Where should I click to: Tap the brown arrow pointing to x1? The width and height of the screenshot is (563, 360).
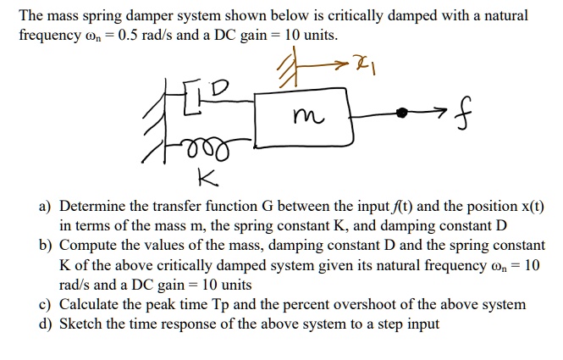pos(334,62)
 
